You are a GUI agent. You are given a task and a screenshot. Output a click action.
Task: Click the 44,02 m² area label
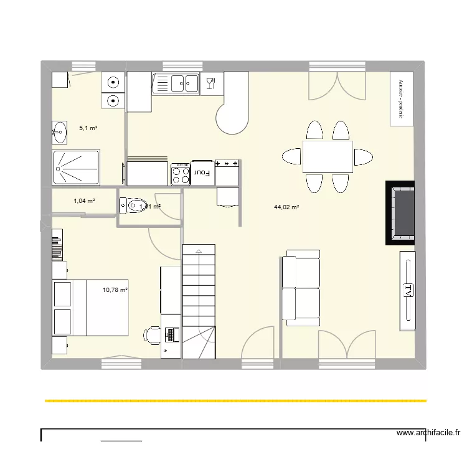point(286,207)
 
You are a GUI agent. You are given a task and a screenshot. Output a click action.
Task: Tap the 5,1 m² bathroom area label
point(88,128)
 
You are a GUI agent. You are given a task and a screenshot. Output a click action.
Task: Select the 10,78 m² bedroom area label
point(115,290)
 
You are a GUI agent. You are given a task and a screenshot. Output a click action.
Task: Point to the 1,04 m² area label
point(84,201)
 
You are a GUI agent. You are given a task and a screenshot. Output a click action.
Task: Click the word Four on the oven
point(202,172)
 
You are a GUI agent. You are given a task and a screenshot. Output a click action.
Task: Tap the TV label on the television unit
point(407,291)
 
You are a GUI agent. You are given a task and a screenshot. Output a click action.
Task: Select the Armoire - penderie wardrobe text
point(402,99)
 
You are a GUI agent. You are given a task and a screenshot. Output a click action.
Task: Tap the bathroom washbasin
point(60,130)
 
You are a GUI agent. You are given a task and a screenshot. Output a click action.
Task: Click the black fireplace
point(400,212)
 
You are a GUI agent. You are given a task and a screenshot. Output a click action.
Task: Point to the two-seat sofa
point(301,288)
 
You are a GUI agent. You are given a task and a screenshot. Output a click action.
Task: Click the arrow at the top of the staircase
point(198,250)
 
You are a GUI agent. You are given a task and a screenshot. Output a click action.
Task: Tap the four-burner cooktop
point(181,174)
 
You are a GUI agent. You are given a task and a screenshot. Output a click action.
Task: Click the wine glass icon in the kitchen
point(210,82)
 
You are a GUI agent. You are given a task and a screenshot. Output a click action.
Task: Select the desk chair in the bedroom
point(151,335)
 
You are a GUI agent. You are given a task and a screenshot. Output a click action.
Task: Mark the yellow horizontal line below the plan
point(235,401)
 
